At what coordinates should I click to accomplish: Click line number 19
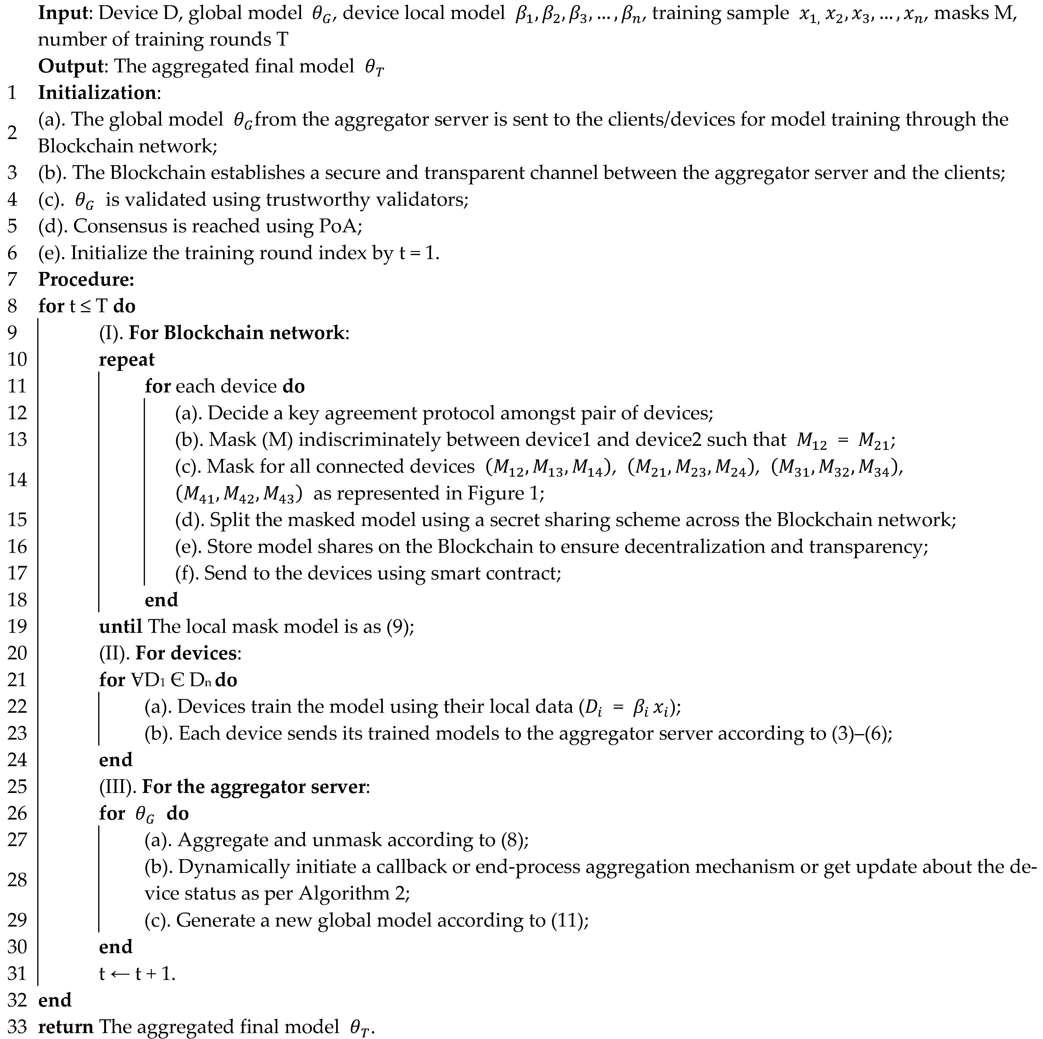tap(17, 626)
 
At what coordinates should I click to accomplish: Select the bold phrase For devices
tap(185, 653)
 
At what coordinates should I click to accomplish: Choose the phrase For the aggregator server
tap(254, 787)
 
